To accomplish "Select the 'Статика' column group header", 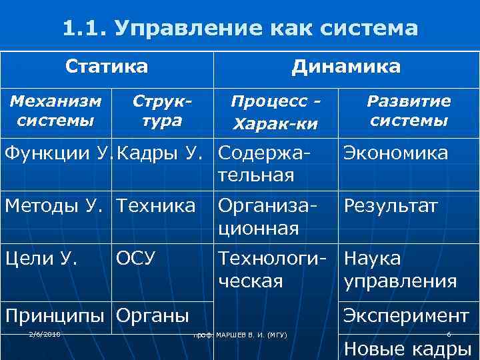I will (x=107, y=67).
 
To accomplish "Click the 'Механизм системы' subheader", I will (x=55, y=111).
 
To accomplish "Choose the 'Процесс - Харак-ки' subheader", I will (x=275, y=113).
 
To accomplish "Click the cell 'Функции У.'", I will (x=55, y=153).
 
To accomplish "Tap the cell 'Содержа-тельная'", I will (x=264, y=164).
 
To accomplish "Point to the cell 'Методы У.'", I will (x=55, y=206).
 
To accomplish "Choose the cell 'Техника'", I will (x=156, y=206).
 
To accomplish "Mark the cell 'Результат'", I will (x=391, y=206).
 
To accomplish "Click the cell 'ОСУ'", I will (x=136, y=257).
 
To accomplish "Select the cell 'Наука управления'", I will (x=400, y=269).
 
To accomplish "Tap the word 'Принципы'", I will (x=55, y=314).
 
